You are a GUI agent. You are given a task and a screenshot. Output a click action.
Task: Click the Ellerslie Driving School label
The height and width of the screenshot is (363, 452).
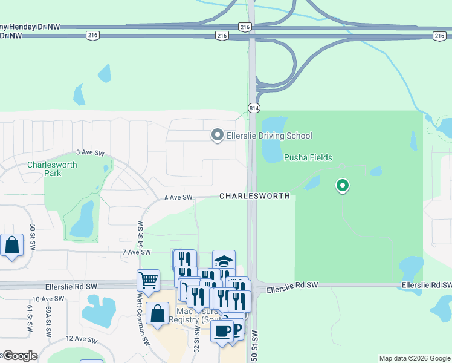pos(269,136)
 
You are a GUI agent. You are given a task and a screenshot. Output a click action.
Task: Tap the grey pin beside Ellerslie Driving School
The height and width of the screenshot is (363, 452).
pos(217,135)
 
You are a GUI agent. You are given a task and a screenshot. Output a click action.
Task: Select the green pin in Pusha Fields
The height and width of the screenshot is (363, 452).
pos(343,186)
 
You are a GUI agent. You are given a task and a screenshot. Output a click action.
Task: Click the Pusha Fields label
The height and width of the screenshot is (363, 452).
pos(308,157)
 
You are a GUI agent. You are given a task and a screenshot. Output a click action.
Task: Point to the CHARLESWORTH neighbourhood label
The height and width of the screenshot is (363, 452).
pos(254,197)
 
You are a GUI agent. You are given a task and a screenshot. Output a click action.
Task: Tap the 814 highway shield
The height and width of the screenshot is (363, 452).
pos(253,107)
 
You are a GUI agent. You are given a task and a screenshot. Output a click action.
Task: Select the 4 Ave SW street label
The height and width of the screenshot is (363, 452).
pos(178,197)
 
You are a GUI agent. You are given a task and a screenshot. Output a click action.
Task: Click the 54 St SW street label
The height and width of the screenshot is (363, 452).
pos(140,233)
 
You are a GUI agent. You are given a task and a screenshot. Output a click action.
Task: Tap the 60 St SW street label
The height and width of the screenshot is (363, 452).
pos(34,234)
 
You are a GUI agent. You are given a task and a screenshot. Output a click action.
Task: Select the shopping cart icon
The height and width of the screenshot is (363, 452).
pos(148,281)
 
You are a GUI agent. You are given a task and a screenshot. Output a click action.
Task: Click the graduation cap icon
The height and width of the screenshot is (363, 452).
pos(224,261)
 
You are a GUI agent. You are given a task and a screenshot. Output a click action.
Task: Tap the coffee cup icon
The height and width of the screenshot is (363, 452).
pos(222,332)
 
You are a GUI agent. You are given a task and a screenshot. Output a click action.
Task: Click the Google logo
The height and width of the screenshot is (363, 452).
pos(20,356)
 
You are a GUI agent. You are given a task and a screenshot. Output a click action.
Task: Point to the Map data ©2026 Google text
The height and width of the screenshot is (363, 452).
pos(415,359)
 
